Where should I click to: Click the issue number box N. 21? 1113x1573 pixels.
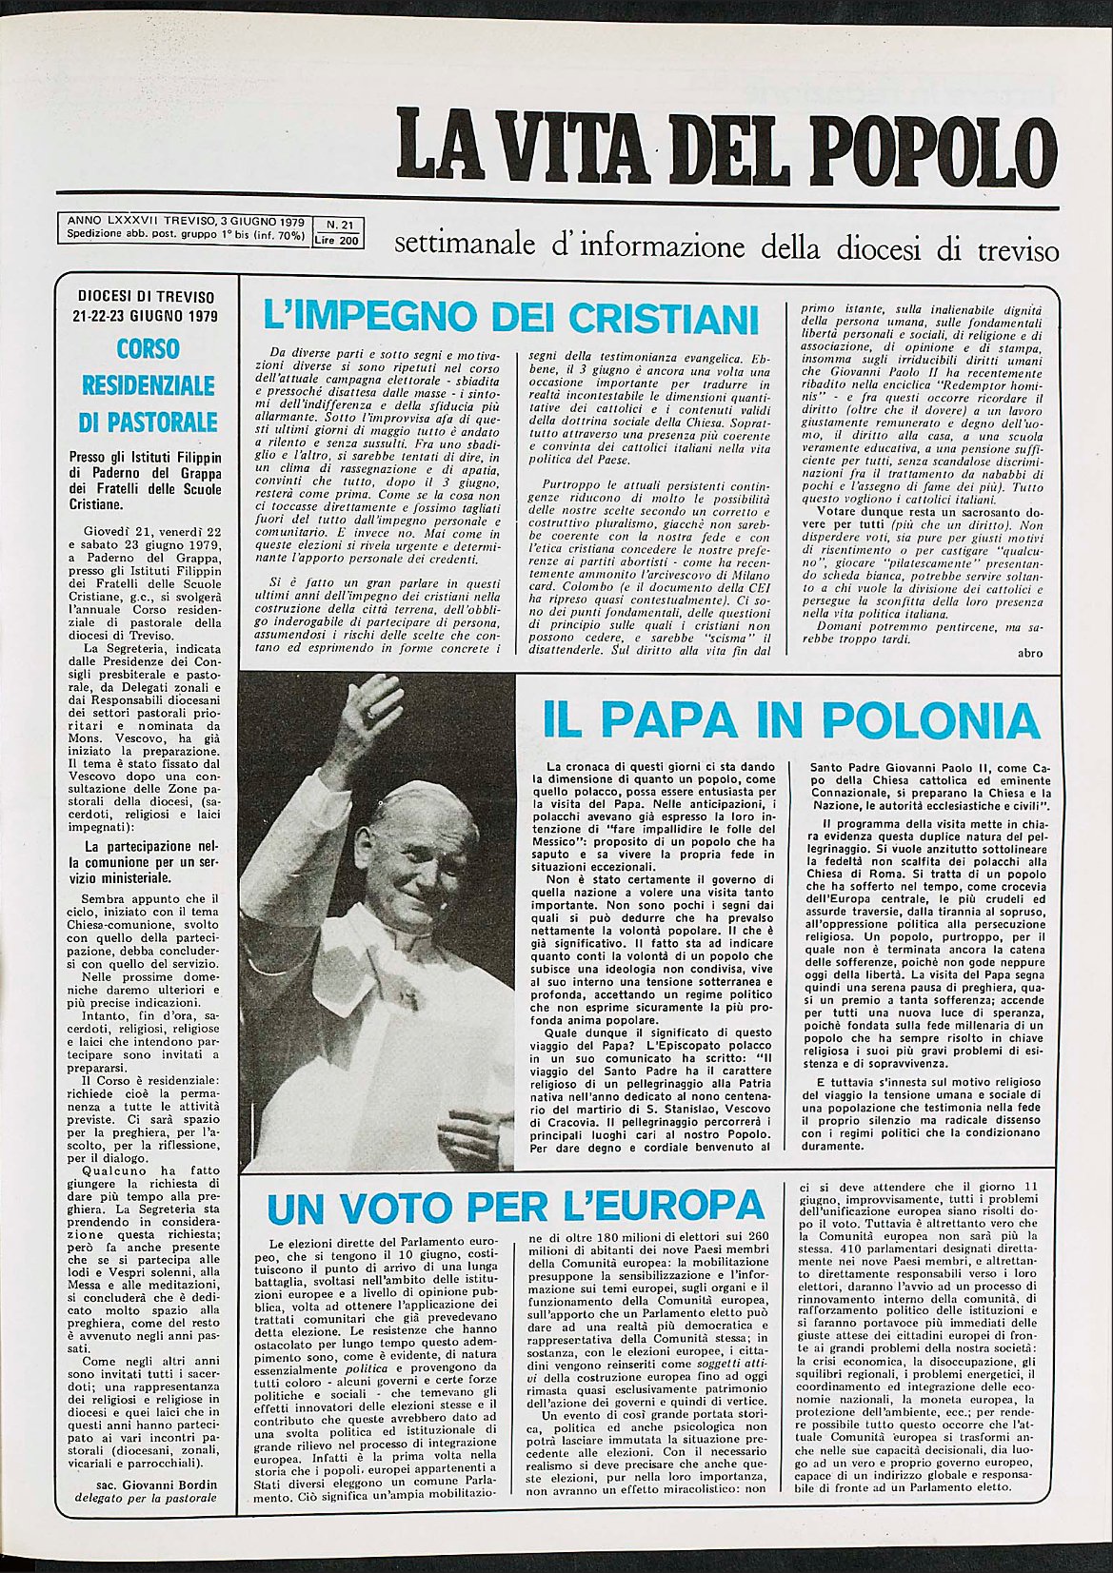pyautogui.click(x=339, y=226)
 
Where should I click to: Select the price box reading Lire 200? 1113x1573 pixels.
pyautogui.click(x=338, y=241)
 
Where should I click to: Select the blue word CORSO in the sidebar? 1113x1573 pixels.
pyautogui.click(x=148, y=348)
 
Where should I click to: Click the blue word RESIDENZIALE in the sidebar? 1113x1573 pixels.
pyautogui.click(x=148, y=385)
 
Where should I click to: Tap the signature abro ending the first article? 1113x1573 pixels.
pyautogui.click(x=1030, y=653)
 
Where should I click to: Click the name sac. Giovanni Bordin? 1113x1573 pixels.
pyautogui.click(x=157, y=1484)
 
